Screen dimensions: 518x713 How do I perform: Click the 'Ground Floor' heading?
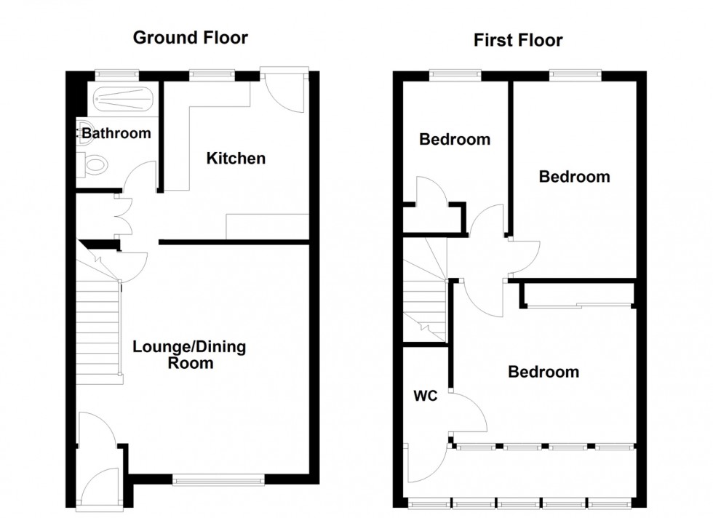[190, 38]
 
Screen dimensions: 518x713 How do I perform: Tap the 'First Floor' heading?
[517, 40]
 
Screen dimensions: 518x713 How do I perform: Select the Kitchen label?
[236, 158]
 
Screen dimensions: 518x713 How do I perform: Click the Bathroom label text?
[116, 133]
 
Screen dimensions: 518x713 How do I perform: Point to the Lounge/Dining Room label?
[189, 354]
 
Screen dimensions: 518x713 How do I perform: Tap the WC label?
[425, 398]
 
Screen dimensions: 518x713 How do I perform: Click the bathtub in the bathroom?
[119, 97]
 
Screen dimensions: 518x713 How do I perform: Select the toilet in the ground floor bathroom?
[94, 165]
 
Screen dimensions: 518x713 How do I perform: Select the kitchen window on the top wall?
[212, 73]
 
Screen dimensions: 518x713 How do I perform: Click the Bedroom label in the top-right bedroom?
[573, 176]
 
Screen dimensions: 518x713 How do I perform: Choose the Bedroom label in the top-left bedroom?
[455, 139]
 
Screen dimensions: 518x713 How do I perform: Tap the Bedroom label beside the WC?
[543, 372]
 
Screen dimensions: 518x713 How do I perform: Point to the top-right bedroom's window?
[575, 73]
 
